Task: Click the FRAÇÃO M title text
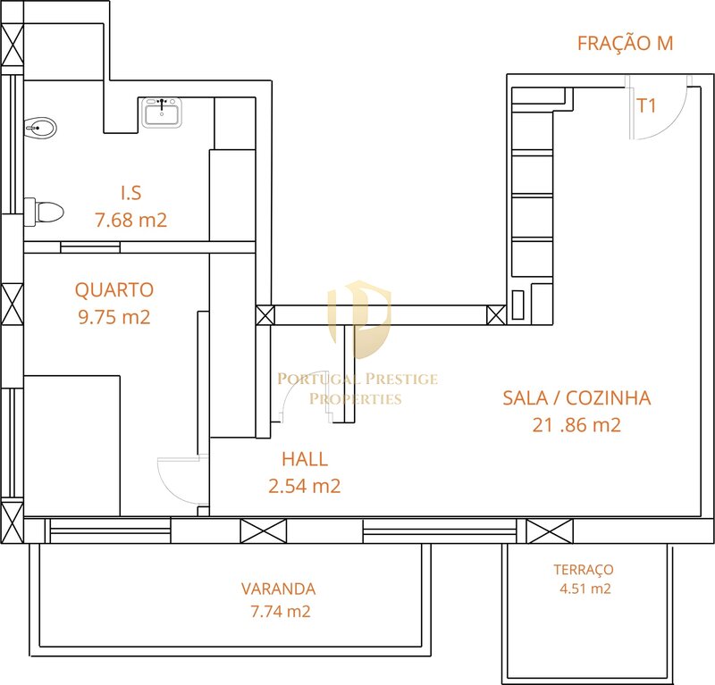pyautogui.click(x=625, y=43)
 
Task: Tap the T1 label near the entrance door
pyautogui.click(x=646, y=105)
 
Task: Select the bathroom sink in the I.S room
pyautogui.click(x=162, y=113)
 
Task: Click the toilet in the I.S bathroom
pyautogui.click(x=44, y=212)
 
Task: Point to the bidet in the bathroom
pyautogui.click(x=40, y=128)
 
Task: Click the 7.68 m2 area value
pyautogui.click(x=130, y=220)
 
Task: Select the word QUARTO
pyautogui.click(x=114, y=290)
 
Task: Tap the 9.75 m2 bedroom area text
pyautogui.click(x=114, y=317)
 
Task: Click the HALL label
pyautogui.click(x=305, y=459)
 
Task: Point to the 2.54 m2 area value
pyautogui.click(x=305, y=487)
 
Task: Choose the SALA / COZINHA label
pyautogui.click(x=576, y=398)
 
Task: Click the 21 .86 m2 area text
pyautogui.click(x=576, y=425)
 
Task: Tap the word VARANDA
pyautogui.click(x=278, y=589)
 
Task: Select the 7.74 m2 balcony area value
pyautogui.click(x=281, y=611)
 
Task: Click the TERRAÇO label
pyautogui.click(x=584, y=569)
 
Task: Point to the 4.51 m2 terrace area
pyautogui.click(x=585, y=589)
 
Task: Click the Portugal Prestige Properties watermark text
pyautogui.click(x=357, y=388)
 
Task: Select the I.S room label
pyautogui.click(x=131, y=193)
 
